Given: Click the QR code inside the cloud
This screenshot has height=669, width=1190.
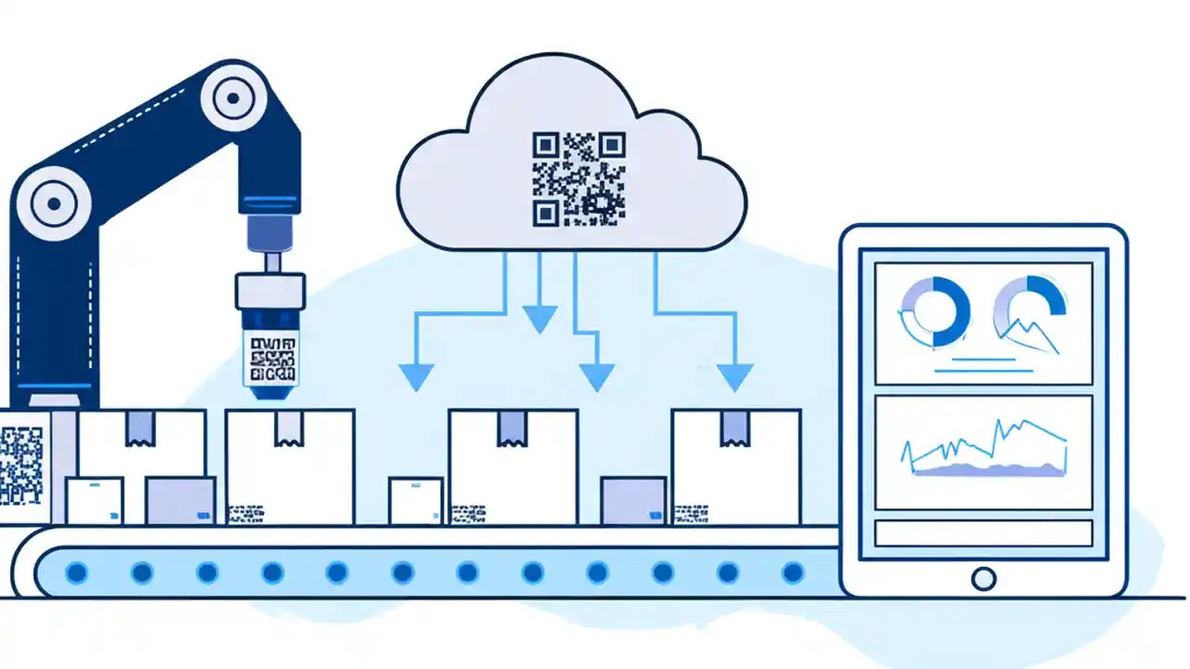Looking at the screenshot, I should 578,179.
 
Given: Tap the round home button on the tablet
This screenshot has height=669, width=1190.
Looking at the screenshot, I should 983,579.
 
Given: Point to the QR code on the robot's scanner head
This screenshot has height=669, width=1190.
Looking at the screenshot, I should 271,359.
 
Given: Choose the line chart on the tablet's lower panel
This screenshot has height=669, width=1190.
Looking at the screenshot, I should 985,450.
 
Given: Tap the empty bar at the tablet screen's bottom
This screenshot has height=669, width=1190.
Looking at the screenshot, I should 984,533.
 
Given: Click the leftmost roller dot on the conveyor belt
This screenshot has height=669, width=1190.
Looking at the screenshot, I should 76,572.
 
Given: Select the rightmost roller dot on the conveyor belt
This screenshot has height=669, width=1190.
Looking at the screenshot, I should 792,572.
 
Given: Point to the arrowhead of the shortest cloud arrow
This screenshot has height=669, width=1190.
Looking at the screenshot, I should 539,320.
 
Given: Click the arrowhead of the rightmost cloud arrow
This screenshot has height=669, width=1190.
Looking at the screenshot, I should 734,376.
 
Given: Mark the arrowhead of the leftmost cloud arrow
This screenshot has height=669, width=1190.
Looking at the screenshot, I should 416,376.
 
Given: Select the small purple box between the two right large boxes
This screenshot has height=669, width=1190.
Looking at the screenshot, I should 633,501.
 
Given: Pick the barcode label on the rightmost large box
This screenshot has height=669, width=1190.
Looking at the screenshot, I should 691,512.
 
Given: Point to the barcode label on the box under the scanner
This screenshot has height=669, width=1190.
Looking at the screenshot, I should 245,512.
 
